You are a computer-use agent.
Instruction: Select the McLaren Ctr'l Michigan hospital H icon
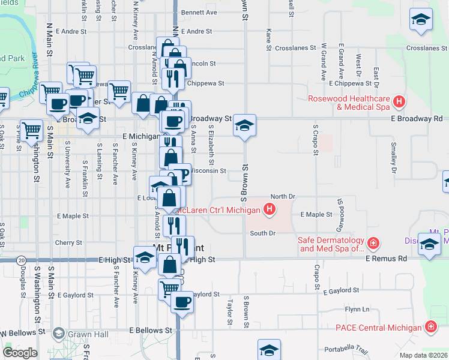(270, 209)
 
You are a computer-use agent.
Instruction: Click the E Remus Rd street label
(387, 259)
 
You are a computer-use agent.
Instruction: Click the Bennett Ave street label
(199, 12)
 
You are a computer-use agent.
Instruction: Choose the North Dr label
(283, 196)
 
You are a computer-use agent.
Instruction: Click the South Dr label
(262, 233)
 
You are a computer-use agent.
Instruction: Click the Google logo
(19, 352)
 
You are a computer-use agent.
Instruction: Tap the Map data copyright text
(423, 355)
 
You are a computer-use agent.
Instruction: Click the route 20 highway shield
(22, 260)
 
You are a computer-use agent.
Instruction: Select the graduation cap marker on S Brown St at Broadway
(244, 126)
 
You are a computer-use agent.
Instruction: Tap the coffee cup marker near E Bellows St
(182, 301)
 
